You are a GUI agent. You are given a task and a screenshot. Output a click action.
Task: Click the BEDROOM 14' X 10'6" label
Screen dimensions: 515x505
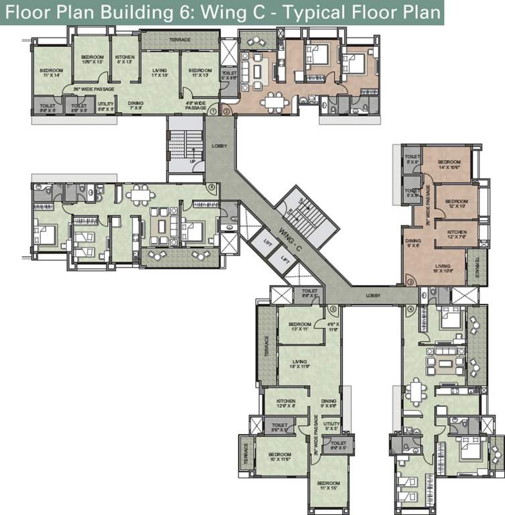pyautogui.click(x=449, y=164)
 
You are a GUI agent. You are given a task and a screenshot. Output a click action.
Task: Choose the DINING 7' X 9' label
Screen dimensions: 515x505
pyautogui.click(x=136, y=105)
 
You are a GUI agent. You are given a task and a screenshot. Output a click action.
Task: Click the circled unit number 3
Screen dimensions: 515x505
pyautogui.click(x=410, y=282)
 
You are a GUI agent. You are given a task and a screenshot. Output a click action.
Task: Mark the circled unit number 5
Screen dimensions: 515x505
pyautogui.click(x=334, y=309)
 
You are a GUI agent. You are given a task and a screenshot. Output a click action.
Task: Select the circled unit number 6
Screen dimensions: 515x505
pyautogui.click(x=212, y=188)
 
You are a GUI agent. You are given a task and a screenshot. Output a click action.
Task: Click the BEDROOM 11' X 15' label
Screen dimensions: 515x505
pyautogui.click(x=328, y=485)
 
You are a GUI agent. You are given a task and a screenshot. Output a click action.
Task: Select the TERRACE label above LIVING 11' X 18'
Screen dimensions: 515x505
pyautogui.click(x=179, y=40)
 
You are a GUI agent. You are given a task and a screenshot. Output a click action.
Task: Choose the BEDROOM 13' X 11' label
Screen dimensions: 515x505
pyautogui.click(x=299, y=326)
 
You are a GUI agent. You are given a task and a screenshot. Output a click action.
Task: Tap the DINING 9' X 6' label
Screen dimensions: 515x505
pyautogui.click(x=328, y=404)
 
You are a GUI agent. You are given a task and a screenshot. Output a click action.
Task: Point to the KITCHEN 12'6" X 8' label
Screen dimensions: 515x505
pyautogui.click(x=285, y=404)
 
